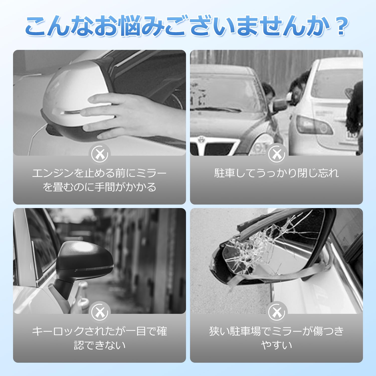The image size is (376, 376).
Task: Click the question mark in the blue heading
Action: coord(341,26)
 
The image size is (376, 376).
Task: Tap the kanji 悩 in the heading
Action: coord(130,26)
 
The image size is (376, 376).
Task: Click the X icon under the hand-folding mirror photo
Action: coord(100,154)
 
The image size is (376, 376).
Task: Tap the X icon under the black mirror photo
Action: coord(100,312)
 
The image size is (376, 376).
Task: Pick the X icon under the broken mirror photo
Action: coord(276,312)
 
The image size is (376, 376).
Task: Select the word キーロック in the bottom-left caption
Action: coord(58,331)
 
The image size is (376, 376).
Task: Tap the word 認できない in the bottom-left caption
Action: coord(100,345)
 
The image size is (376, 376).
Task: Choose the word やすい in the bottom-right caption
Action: coord(276,345)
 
